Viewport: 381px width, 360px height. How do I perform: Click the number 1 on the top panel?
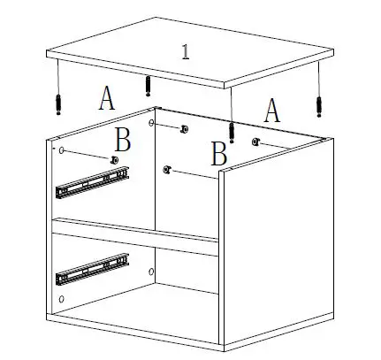[186, 50]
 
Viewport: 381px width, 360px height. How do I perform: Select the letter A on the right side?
[272, 111]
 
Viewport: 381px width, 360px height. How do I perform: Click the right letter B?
[219, 154]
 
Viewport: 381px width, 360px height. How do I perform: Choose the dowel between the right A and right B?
[232, 131]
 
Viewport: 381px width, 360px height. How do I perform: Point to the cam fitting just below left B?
[114, 159]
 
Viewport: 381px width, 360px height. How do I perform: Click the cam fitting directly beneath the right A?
[255, 142]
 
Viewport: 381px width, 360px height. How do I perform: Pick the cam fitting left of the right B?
[167, 169]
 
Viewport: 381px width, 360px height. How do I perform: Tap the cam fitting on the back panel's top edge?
[183, 130]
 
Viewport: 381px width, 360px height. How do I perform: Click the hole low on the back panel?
[152, 272]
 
